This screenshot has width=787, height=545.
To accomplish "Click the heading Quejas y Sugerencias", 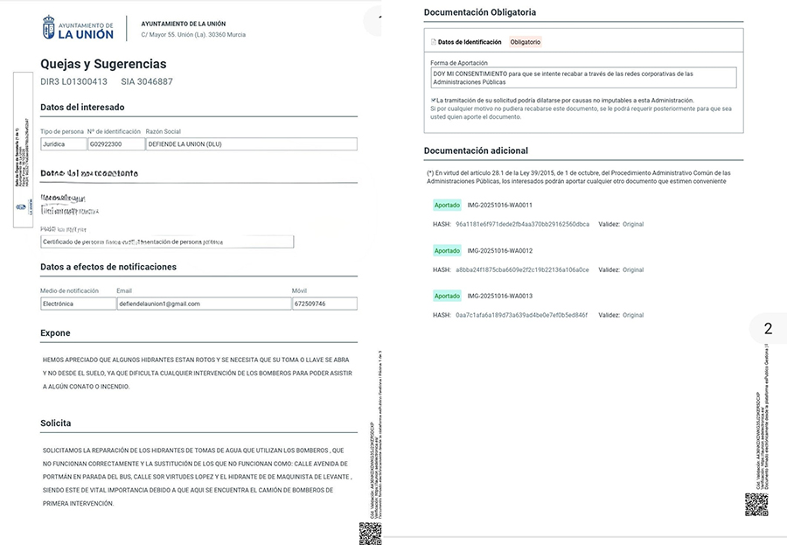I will tap(103, 64).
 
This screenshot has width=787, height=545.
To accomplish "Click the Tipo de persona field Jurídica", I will tap(63, 143).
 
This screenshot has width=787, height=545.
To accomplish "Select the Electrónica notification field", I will tap(77, 304).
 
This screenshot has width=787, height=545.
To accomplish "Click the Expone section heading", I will tap(55, 332).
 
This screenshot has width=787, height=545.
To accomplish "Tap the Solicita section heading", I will tap(56, 423).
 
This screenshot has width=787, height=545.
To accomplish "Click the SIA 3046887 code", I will tap(147, 81).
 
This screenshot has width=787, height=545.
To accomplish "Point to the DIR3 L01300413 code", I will tap(74, 81).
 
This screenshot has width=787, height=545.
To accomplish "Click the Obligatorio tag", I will tap(526, 42).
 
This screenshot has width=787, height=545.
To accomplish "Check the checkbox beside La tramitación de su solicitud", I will tap(433, 100).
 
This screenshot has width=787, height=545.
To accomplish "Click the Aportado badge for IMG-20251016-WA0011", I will tap(447, 206).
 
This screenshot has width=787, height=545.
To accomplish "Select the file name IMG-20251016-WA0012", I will tap(500, 251).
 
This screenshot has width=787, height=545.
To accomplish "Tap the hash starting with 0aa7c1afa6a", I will tap(521, 315).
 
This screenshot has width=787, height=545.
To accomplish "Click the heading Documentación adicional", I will tap(476, 150).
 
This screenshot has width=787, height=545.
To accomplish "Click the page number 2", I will tap(768, 329).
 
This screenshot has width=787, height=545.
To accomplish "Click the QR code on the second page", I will tap(756, 505).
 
